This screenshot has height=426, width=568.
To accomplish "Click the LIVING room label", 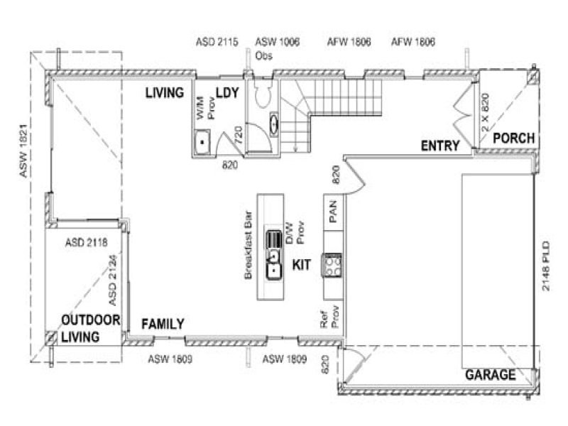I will (x=165, y=93).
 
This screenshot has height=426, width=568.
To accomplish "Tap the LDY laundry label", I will (x=226, y=93).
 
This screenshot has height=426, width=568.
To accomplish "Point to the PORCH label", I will (x=513, y=138).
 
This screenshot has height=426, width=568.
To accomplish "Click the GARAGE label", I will (x=490, y=375).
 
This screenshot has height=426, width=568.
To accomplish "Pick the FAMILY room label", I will (x=163, y=324).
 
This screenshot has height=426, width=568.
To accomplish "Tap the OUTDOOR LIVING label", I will (x=89, y=329).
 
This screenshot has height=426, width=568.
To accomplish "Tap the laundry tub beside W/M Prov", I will (x=204, y=142).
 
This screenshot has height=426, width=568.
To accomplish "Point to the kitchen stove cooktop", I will (x=332, y=265).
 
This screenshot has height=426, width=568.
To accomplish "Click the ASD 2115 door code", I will (x=216, y=43).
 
